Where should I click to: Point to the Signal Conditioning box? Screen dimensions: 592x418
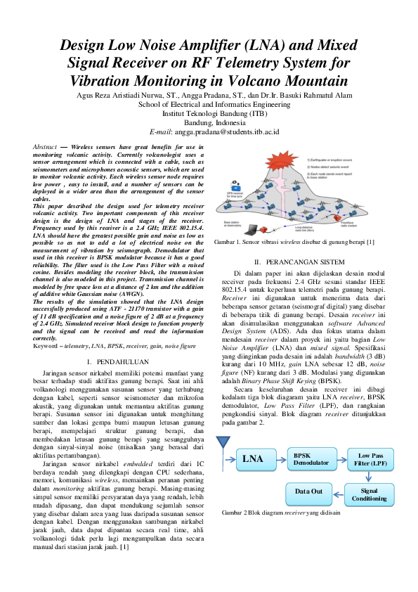click(370, 494)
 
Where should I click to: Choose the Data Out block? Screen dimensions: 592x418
click(308, 491)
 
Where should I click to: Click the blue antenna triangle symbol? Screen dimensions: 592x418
click(224, 443)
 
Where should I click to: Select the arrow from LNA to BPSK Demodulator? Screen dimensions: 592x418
click(281, 459)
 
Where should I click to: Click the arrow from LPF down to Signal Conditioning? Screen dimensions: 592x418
click(370, 477)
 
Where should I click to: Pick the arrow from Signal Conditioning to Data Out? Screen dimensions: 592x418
click(339, 492)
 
